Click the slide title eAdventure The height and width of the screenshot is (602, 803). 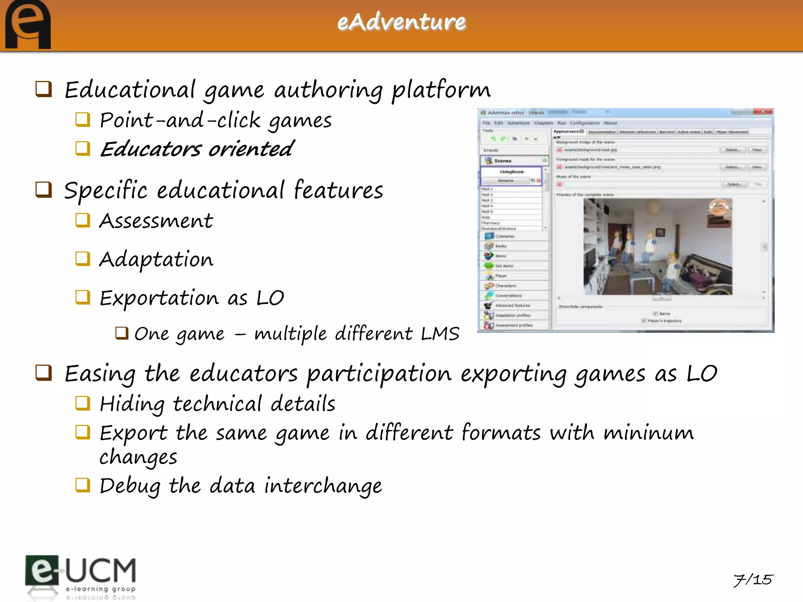(401, 22)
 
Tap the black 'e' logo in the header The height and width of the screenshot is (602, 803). (27, 25)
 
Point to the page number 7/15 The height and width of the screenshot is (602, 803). (753, 579)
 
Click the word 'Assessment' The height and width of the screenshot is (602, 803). (156, 221)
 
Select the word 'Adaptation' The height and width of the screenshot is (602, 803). (156, 259)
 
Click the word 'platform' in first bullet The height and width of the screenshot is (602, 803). (441, 90)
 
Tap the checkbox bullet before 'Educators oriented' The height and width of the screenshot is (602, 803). (83, 149)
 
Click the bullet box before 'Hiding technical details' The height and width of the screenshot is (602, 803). (83, 403)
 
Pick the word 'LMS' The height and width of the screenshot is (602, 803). (440, 334)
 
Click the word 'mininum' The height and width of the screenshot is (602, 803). (649, 433)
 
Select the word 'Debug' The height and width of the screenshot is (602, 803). (130, 486)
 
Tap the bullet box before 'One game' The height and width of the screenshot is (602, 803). (122, 333)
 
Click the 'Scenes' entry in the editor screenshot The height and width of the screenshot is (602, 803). (503, 161)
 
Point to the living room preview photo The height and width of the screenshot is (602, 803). (658, 247)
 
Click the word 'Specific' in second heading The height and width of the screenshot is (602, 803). (106, 191)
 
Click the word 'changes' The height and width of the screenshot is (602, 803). (138, 457)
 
